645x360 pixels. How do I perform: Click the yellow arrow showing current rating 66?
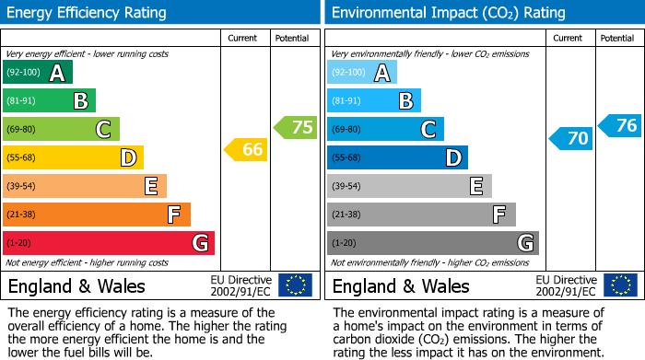[247, 149]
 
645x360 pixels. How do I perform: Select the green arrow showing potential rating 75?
[296, 127]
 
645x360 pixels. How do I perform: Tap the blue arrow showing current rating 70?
[571, 139]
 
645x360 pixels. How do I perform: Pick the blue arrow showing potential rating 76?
[620, 125]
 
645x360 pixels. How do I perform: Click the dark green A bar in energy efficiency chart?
[38, 73]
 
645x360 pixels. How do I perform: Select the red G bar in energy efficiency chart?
[109, 243]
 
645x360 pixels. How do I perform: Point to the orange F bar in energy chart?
[97, 215]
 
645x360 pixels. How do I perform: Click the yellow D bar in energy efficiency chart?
[73, 157]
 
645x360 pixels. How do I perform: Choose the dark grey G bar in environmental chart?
[433, 243]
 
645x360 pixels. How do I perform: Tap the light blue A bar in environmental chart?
[362, 73]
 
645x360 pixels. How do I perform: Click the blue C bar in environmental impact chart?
[385, 129]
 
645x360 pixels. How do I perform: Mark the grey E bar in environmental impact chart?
[409, 186]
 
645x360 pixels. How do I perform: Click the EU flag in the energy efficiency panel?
[295, 285]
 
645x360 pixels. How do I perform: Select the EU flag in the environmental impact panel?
[619, 285]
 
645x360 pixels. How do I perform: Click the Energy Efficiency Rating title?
[88, 13]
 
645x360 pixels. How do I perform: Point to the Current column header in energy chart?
[242, 38]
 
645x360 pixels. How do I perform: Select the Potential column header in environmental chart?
[616, 38]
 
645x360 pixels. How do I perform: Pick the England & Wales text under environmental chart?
[401, 285]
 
